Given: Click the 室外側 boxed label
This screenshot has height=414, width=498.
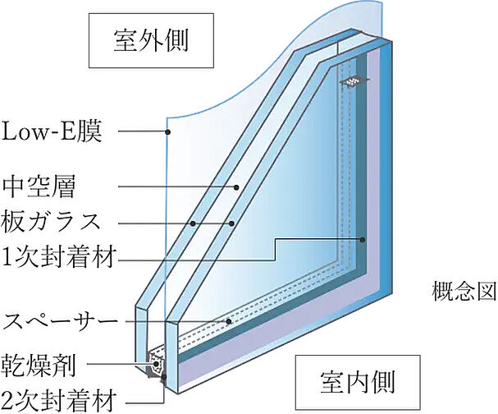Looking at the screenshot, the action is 151,41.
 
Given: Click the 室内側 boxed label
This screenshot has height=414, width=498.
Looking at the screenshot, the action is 358,382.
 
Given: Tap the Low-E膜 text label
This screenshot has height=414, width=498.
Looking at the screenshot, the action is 52,131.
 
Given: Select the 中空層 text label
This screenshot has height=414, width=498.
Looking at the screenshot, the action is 39,187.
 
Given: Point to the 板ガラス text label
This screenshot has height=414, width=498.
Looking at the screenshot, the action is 51,223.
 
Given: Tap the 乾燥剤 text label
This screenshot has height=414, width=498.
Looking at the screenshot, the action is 39,365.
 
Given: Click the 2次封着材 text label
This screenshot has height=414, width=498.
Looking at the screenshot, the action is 58,401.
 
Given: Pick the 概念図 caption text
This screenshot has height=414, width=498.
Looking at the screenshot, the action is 464,292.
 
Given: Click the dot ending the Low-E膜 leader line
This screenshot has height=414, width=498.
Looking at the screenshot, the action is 168,131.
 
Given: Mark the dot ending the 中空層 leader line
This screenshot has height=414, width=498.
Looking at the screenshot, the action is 236,187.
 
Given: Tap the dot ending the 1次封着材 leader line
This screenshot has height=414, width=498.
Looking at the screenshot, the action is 363,239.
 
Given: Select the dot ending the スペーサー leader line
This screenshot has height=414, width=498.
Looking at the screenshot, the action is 228,321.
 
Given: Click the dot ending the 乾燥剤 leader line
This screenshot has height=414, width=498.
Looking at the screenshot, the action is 156,364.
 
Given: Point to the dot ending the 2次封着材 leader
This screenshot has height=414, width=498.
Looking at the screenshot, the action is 164,377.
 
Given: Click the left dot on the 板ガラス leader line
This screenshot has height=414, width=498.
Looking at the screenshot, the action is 193,223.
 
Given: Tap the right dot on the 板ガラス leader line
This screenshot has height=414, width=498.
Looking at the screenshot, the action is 231,223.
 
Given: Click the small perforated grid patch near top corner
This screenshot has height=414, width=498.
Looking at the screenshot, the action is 354,81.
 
